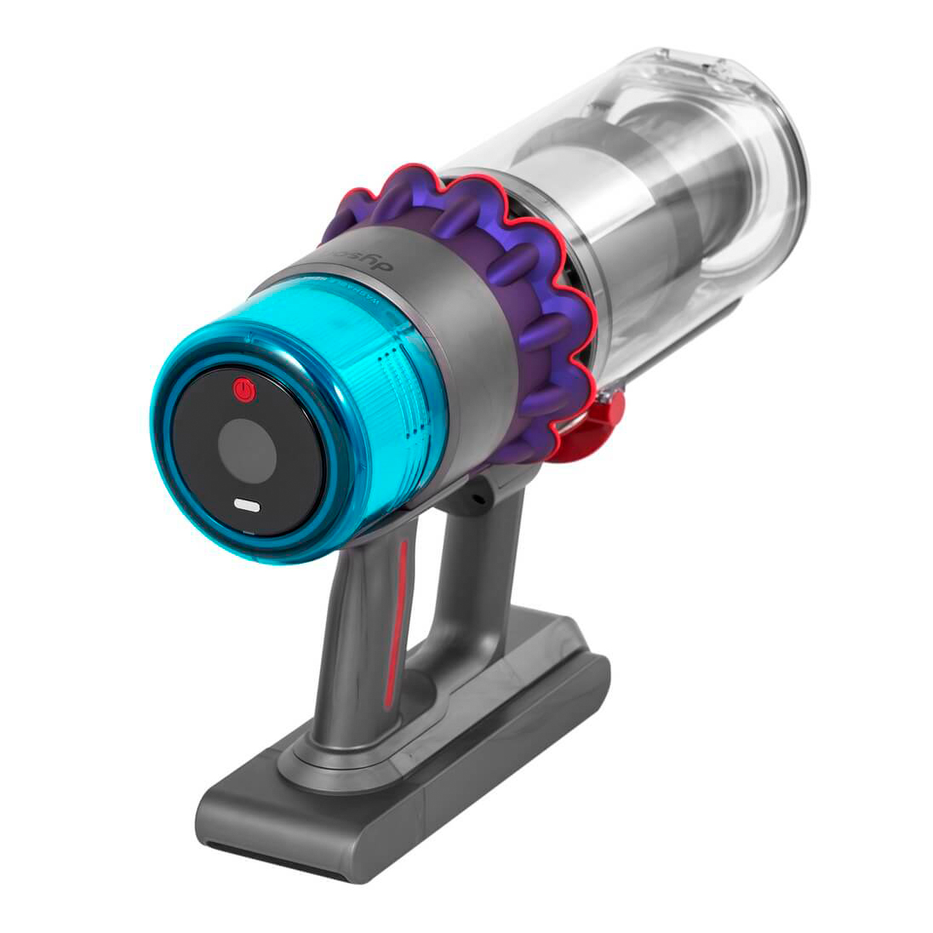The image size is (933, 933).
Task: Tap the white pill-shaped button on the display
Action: click(x=247, y=505)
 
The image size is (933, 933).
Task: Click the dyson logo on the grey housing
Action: click(x=345, y=258)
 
